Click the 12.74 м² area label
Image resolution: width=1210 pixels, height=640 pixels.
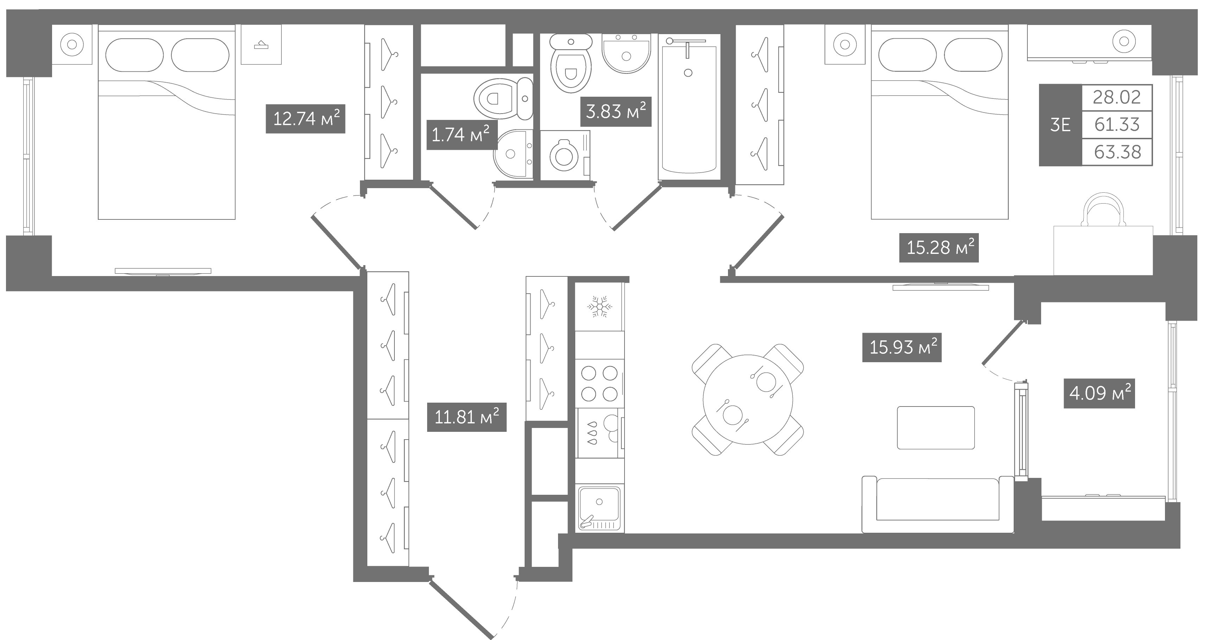click(x=305, y=119)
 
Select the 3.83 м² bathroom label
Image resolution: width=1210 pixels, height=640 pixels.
click(x=616, y=112)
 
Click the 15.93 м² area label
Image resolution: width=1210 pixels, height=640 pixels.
click(x=902, y=347)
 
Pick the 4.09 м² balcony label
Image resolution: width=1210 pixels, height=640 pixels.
click(x=1099, y=393)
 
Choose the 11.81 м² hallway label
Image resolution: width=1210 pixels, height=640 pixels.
click(x=467, y=417)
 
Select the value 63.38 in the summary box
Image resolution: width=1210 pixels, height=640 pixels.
click(x=1117, y=152)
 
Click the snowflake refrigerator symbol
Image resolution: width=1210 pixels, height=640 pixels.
click(x=599, y=307)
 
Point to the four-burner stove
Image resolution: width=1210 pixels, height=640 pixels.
click(x=599, y=384)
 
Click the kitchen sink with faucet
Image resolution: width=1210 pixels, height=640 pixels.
click(x=599, y=508)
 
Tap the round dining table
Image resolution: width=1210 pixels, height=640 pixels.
click(x=748, y=399)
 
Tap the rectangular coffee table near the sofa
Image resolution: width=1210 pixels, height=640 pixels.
click(x=936, y=428)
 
